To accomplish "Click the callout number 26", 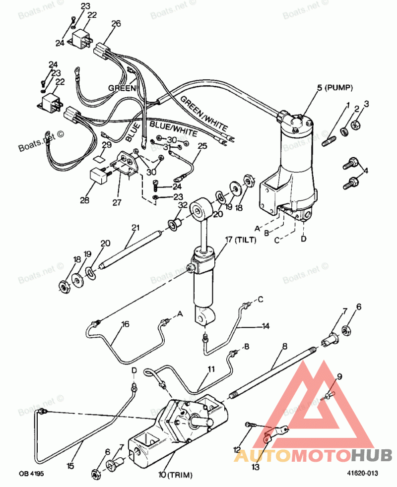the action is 116,23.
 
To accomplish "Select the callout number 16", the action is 125,324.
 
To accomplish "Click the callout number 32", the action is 183,206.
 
